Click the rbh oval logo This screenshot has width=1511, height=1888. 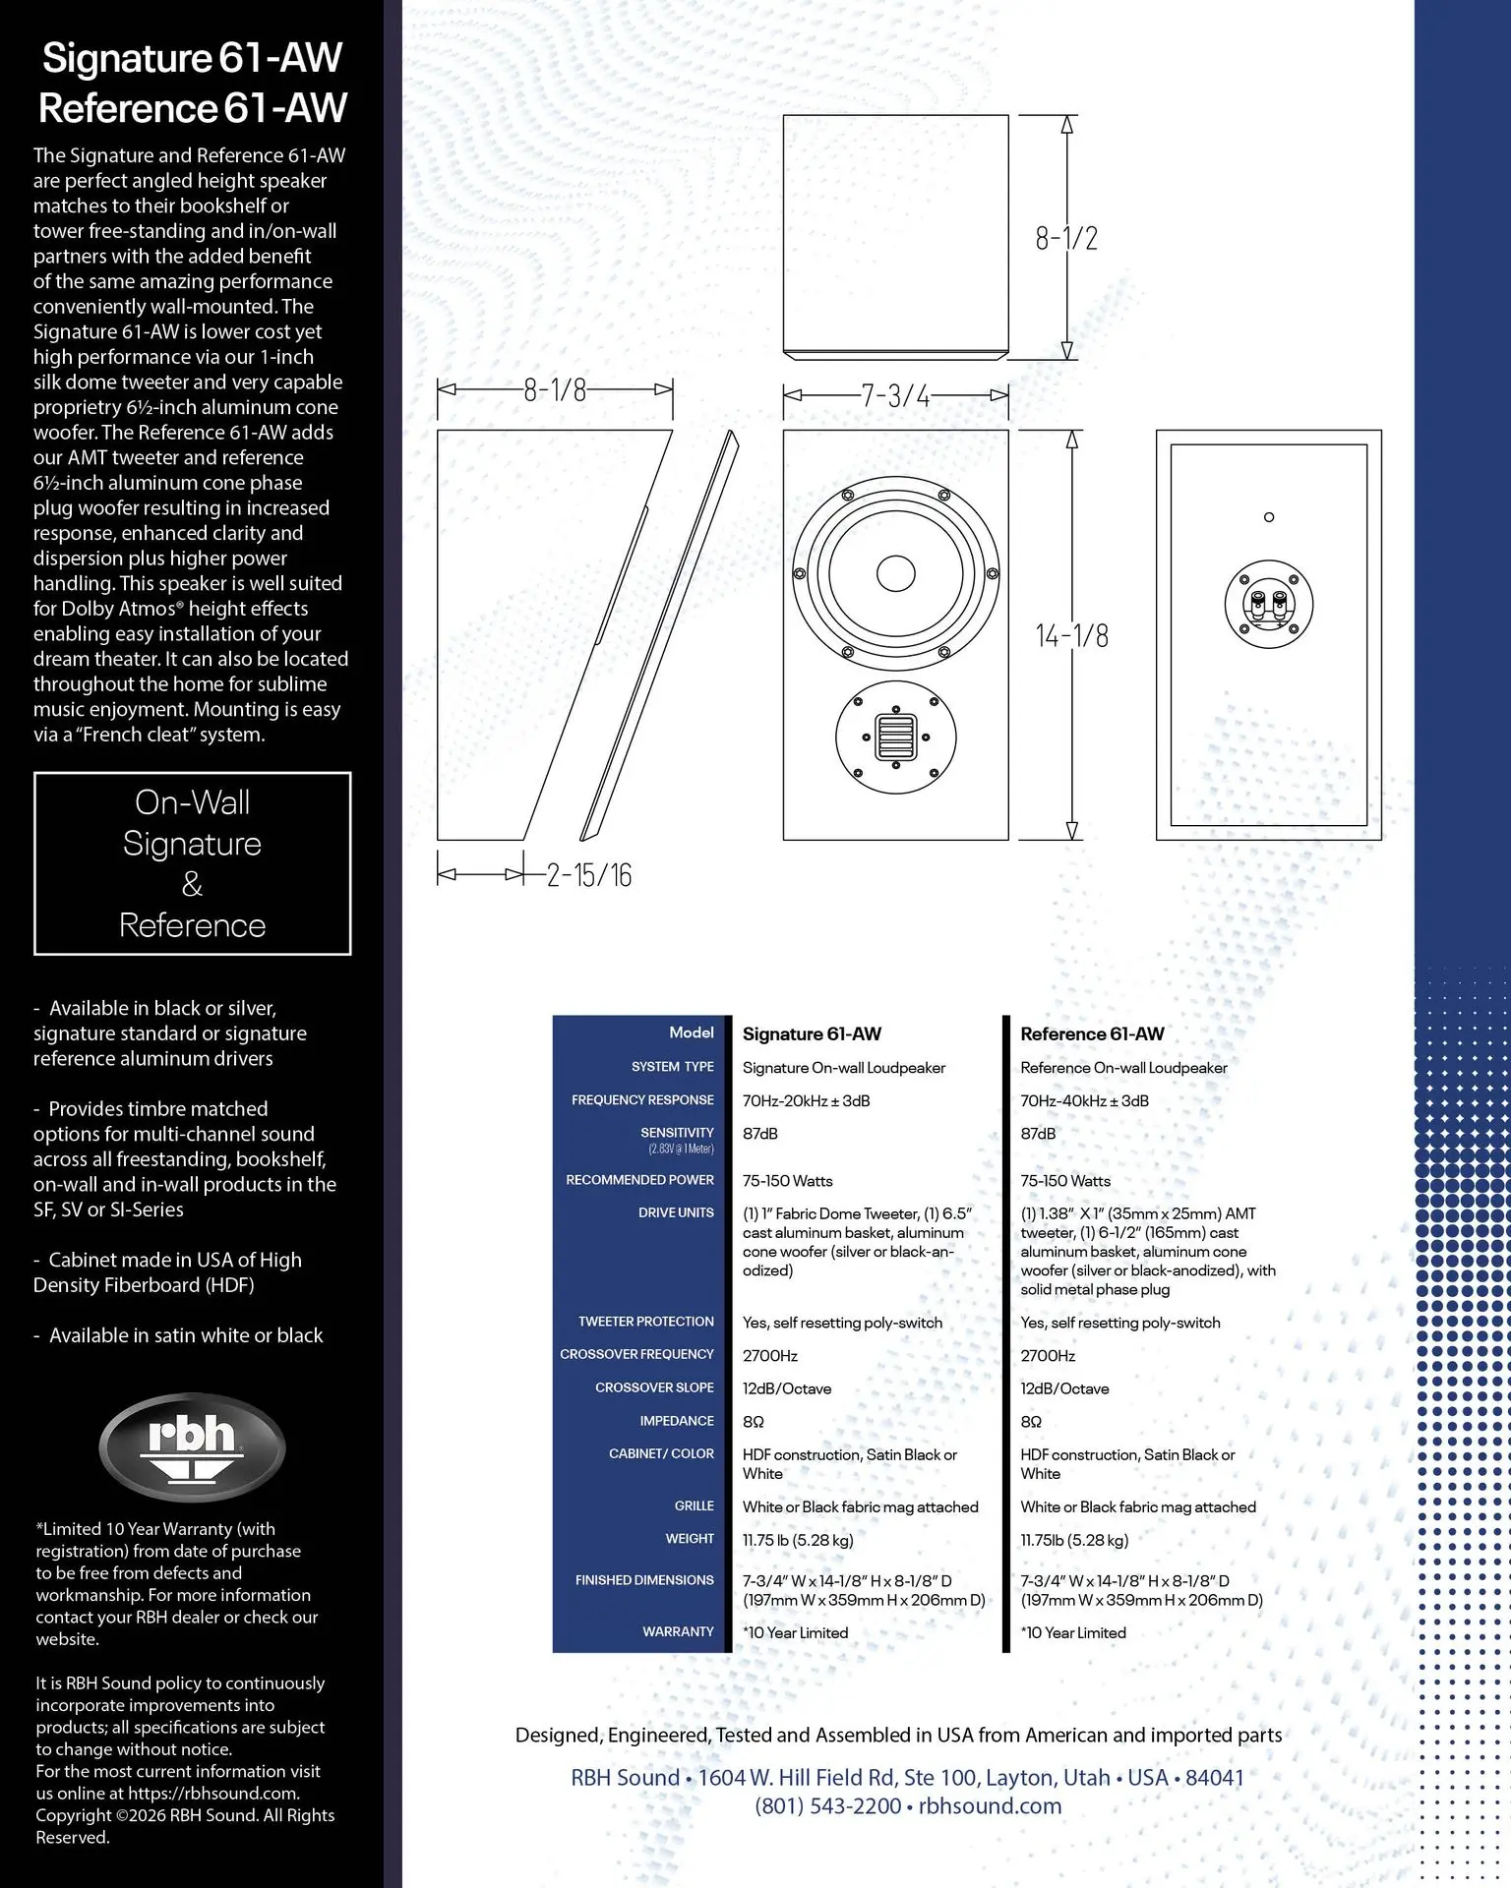pos(192,1446)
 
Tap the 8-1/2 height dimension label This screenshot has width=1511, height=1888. pos(1066,238)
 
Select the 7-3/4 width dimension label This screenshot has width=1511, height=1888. pos(895,396)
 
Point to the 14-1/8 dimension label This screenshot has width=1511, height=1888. pos(1072,636)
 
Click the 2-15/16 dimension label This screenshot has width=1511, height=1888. pos(589,875)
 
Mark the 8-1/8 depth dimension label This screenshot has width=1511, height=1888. pos(555,390)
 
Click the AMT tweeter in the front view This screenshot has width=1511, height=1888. pos(895,737)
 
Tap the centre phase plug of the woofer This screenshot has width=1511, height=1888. pos(895,573)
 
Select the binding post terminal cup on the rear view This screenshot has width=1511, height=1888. pos(1269,604)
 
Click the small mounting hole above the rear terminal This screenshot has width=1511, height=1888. pos(1269,517)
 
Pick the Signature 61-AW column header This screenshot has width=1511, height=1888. pos(812,1033)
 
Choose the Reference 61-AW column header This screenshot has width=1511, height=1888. pos(1092,1033)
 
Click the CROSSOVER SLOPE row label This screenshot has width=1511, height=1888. pos(654,1387)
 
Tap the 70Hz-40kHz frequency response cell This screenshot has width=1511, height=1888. pos(1084,1100)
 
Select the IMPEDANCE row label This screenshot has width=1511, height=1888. pos(677,1421)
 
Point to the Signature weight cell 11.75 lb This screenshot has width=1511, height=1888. pos(798,1540)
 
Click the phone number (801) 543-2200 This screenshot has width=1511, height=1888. pos(828,1806)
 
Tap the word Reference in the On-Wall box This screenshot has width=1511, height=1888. pos(193,925)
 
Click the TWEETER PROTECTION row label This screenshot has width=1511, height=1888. pos(646,1322)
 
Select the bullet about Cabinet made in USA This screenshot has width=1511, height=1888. pos(167,1272)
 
